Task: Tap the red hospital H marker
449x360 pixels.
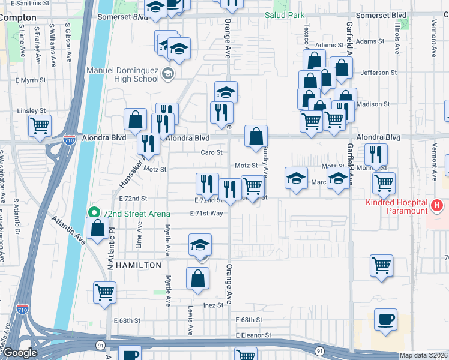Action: coord(437,206)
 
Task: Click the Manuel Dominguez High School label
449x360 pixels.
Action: coord(124,74)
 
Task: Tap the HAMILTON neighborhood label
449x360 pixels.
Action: coord(139,265)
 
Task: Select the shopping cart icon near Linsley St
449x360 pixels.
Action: coord(40,126)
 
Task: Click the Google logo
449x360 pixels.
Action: coord(20,353)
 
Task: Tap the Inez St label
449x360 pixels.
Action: coord(213,305)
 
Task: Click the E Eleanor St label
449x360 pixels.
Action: coord(253,335)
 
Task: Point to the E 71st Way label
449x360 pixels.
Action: coord(206,213)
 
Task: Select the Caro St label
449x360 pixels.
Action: coord(212,152)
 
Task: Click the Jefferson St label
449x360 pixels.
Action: coord(375,73)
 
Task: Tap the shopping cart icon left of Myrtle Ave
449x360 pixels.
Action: coord(105,293)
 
